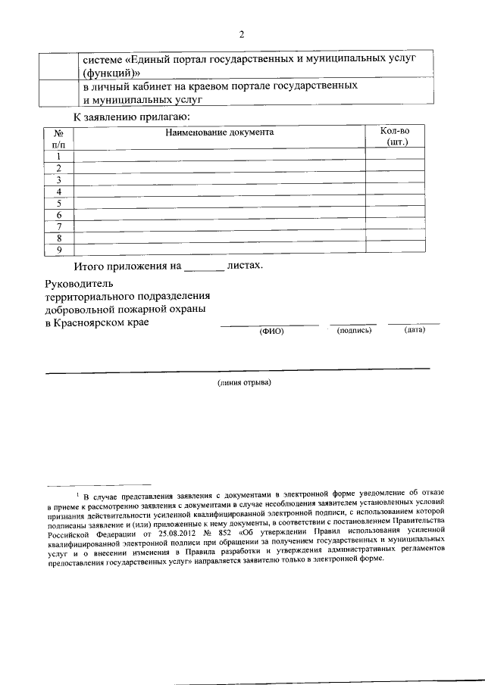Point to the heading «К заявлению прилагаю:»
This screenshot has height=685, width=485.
pyautogui.click(x=131, y=117)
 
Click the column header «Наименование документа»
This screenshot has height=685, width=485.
pyautogui.click(x=220, y=132)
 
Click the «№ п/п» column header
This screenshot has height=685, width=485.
pyautogui.click(x=59, y=138)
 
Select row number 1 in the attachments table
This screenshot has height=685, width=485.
pyautogui.click(x=58, y=157)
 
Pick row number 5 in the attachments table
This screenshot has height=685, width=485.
pyautogui.click(x=58, y=204)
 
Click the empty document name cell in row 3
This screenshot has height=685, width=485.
pyautogui.click(x=220, y=180)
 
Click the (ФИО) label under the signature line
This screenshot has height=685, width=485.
pyautogui.click(x=271, y=331)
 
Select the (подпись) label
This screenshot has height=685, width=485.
pyautogui.click(x=354, y=330)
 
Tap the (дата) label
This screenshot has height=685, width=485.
pyautogui.click(x=415, y=330)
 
